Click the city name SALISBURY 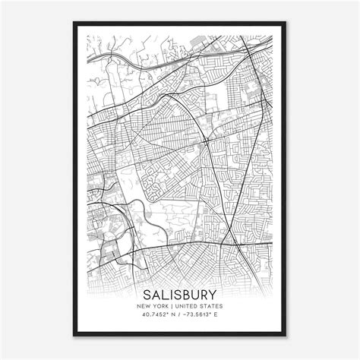pyautogui.click(x=180, y=293)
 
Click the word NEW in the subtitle pyautogui.click(x=145, y=306)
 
